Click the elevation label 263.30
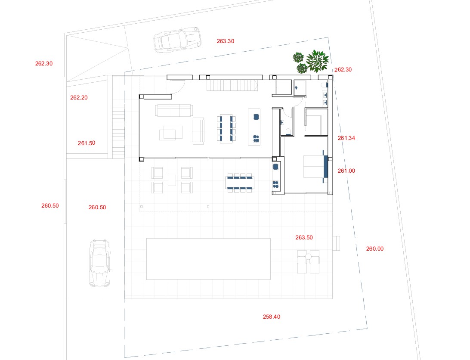coord(226,41)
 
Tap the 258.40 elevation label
coord(272,317)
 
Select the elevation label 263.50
coord(304,237)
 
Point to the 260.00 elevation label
coord(375,248)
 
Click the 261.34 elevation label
coord(346,138)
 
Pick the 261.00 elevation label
coord(346,171)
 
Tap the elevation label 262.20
coord(79,97)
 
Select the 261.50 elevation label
coord(87,143)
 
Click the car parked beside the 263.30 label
coord(177,40)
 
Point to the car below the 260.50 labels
coord(100,263)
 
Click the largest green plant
coord(318,61)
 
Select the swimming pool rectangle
coord(208,259)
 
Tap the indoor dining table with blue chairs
coord(226,128)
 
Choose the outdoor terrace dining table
coord(240,183)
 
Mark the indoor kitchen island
coord(254,127)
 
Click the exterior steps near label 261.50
coord(118,131)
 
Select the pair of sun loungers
coord(309,261)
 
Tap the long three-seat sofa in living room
coord(174,110)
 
